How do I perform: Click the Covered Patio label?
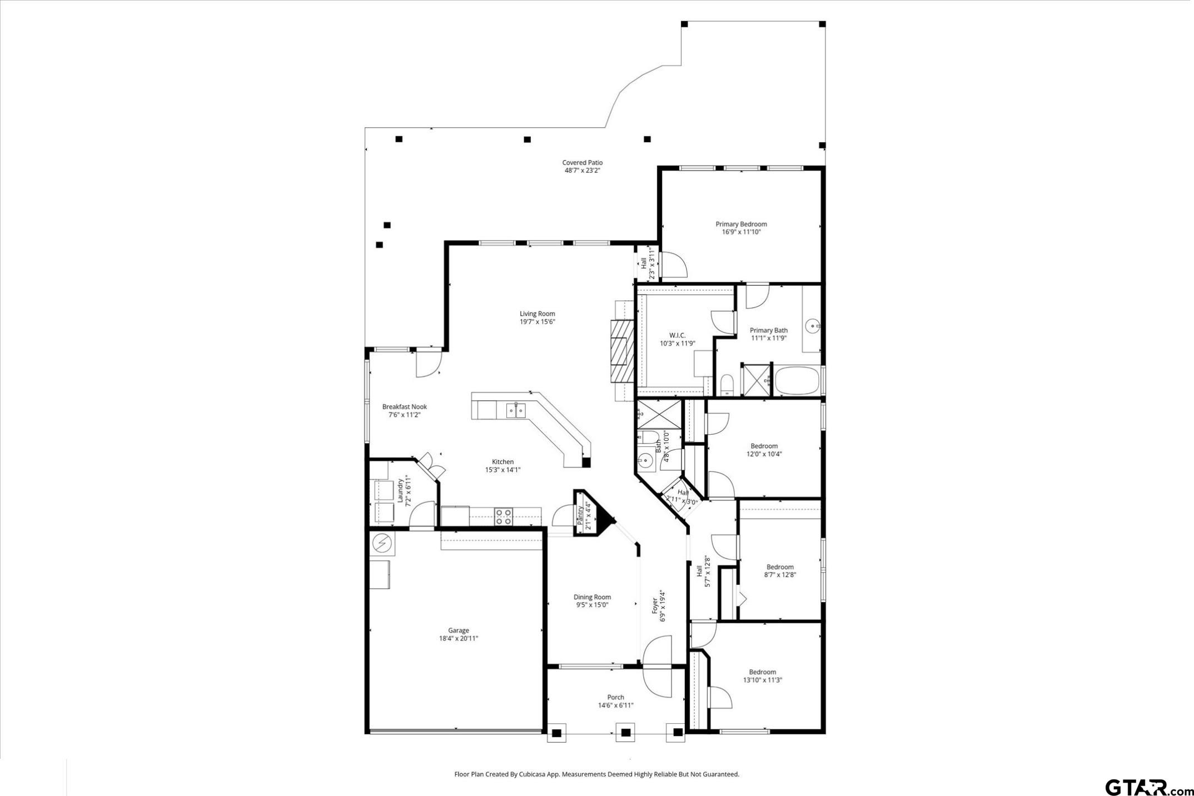[582, 163]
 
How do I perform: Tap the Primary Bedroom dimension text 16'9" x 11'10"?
[741, 232]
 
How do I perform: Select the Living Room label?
[537, 314]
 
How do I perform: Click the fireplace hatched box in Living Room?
[621, 351]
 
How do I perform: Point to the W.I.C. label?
[677, 335]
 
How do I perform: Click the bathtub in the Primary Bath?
[797, 380]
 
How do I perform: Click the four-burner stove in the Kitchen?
[503, 516]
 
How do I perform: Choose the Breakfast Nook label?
[404, 407]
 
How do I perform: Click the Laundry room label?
[400, 491]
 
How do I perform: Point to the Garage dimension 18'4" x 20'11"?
[458, 639]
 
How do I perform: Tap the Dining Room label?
[592, 597]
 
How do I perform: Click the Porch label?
[615, 697]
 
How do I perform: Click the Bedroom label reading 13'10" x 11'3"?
[762, 672]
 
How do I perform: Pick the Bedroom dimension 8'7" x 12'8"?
[780, 575]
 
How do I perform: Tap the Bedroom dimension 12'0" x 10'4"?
[764, 454]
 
